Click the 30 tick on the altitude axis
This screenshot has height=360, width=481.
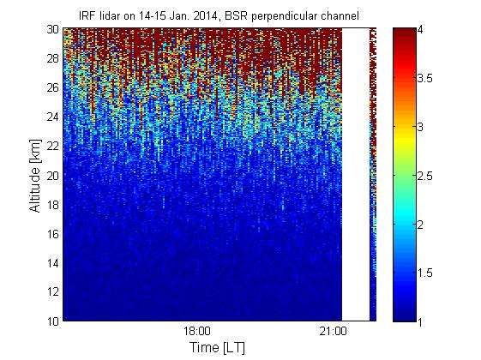pos(53,29)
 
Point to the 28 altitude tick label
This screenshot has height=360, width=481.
pos(53,58)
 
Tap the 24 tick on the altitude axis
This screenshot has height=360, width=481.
pos(53,117)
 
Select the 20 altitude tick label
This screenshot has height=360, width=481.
pos(53,176)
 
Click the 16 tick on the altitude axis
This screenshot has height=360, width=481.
pos(53,234)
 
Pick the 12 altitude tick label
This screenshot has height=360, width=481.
pos(53,292)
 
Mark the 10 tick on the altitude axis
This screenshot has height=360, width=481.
pos(53,321)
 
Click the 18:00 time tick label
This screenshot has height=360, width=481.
pos(197,332)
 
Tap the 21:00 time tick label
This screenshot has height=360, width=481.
pos(334,332)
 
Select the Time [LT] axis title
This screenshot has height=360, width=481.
pos(218,348)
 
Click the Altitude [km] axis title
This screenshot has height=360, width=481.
pos(35,176)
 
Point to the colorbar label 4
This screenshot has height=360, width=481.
pos(421,30)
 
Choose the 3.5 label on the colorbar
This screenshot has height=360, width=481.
pos(425,79)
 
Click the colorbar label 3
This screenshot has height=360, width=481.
pos(421,127)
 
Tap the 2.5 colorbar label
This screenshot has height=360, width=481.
pos(425,176)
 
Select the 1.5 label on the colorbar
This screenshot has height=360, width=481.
pos(425,273)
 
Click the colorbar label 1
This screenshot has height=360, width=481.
pos(421,321)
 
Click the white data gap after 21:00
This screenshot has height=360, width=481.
pos(356,175)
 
